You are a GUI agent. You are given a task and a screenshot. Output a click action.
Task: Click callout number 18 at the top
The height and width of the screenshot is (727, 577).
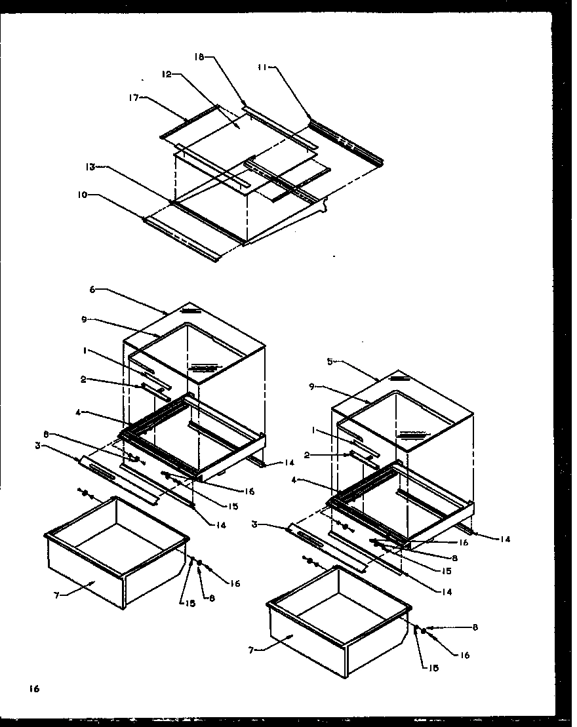click(199, 58)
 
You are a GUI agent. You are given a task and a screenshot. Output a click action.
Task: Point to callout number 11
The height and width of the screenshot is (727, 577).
click(263, 66)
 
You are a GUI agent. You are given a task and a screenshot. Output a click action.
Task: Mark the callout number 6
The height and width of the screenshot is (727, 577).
click(92, 289)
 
